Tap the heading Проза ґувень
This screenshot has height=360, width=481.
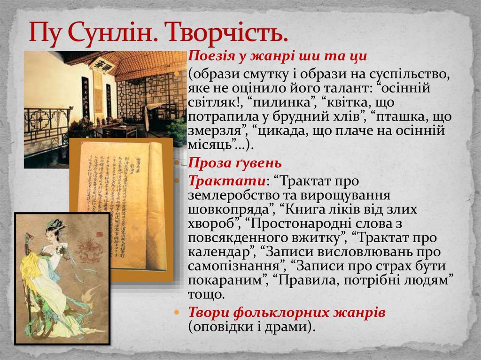(235, 163)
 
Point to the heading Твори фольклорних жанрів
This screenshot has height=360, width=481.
(287, 312)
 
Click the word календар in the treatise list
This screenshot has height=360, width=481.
(221, 252)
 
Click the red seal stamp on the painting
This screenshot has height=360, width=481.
(96, 233)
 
